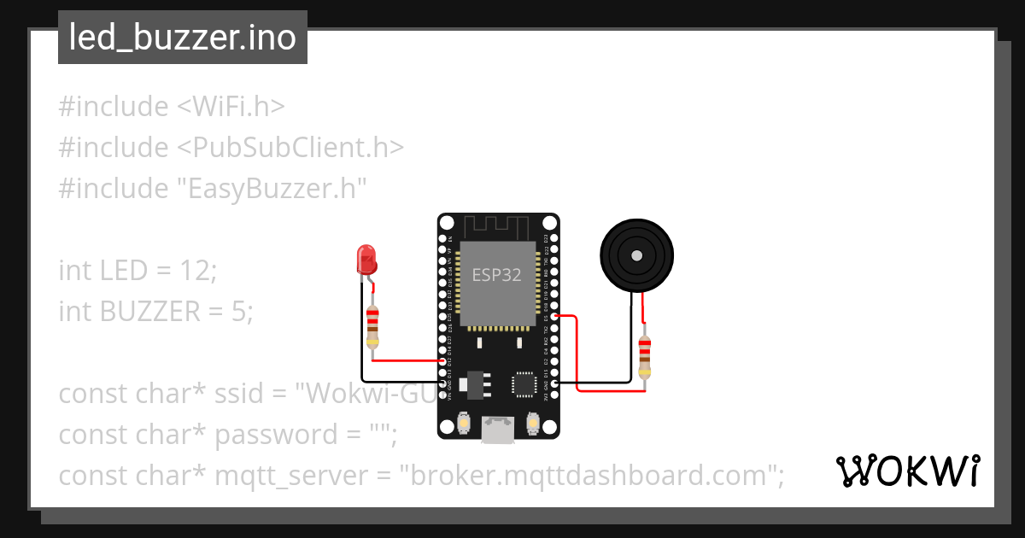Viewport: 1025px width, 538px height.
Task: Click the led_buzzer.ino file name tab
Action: click(182, 38)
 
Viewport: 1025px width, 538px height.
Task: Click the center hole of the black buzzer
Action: click(636, 255)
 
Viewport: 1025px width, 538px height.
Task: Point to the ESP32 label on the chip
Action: click(497, 275)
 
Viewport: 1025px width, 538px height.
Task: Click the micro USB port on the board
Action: click(498, 430)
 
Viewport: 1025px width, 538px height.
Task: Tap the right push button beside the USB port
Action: click(532, 423)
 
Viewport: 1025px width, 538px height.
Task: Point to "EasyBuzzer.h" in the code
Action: click(272, 188)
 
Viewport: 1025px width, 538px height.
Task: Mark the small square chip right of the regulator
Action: click(524, 385)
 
